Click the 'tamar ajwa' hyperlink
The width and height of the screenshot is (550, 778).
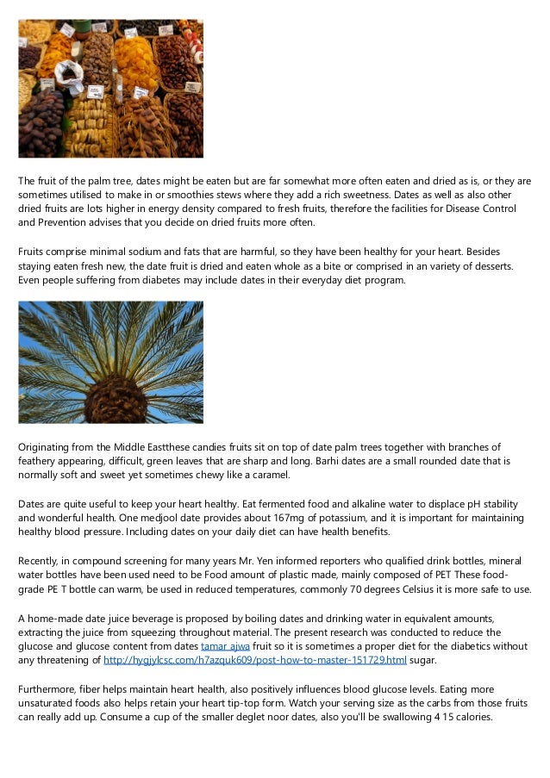(x=221, y=645)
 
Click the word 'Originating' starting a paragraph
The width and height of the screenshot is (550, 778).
(x=47, y=446)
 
